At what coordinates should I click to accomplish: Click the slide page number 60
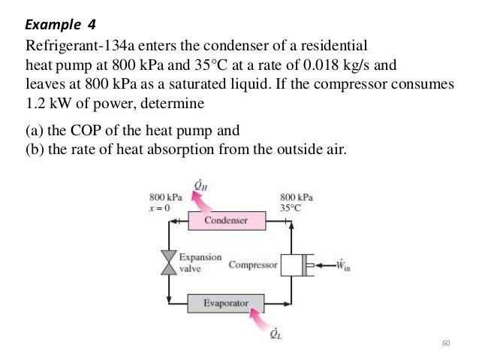pos(445,343)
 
